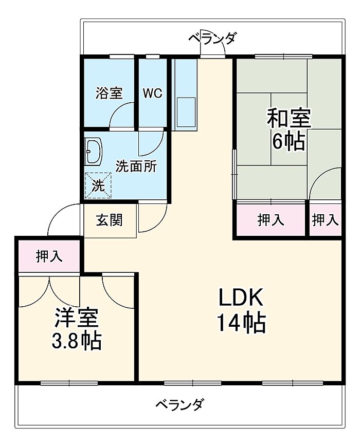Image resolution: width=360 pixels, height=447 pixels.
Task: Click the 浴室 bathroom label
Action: [x=109, y=94]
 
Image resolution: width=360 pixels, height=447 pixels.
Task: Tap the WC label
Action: [x=152, y=94]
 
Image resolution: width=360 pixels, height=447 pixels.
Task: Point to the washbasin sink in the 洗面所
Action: [x=94, y=152]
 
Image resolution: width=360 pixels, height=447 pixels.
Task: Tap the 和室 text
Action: [x=288, y=119]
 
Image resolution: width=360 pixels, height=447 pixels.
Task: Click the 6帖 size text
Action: [x=288, y=141]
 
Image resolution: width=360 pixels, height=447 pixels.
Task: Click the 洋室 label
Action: [x=77, y=319]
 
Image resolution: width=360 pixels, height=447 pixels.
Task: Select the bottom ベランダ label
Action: [x=179, y=404]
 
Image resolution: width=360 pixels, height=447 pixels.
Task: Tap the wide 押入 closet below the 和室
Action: [x=271, y=220]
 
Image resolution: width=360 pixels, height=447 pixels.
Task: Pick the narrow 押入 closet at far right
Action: [x=326, y=220]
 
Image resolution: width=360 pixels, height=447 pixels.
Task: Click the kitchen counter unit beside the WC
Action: [x=185, y=95]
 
